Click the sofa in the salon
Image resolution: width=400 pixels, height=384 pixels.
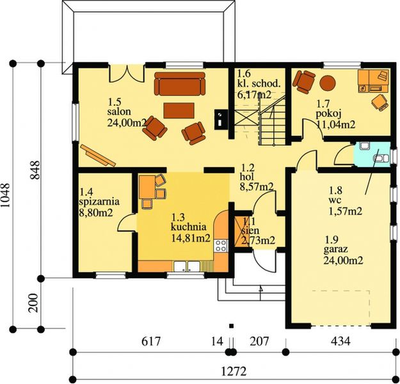point(180,84)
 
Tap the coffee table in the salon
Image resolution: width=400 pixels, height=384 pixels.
point(179,110)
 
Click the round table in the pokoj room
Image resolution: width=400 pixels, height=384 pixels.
point(328,83)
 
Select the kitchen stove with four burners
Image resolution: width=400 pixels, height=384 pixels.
point(221,246)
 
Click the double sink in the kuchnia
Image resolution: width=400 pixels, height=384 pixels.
point(187,266)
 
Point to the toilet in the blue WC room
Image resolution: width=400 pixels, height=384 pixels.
point(381,159)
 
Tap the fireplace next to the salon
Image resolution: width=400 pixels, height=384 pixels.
point(221,120)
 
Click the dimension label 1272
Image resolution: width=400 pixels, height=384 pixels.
point(234,371)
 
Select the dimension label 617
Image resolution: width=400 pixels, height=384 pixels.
point(151,341)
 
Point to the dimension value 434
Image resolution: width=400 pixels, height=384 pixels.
point(340,341)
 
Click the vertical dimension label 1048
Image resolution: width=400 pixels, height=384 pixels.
point(6,195)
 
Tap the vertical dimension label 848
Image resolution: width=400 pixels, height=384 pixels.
point(35,170)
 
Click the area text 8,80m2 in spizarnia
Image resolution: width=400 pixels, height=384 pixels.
point(96,212)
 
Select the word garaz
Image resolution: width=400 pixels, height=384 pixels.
point(336,250)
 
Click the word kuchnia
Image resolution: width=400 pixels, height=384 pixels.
point(189,227)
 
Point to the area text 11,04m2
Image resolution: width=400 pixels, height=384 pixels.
point(336,125)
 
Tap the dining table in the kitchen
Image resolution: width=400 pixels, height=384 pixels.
point(147,186)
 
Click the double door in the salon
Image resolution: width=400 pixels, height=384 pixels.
point(127,74)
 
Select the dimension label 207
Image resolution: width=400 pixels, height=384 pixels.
point(259,341)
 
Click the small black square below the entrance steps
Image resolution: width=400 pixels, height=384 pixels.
point(232,326)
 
